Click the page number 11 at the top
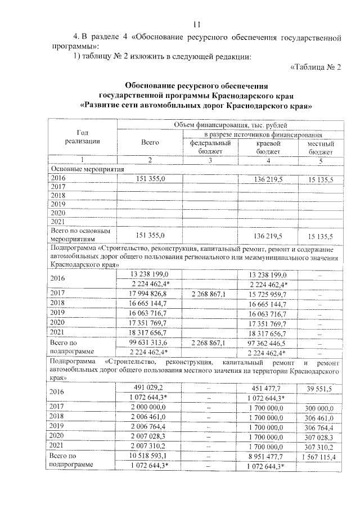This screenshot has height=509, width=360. (197, 24)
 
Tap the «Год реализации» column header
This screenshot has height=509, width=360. (83, 137)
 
